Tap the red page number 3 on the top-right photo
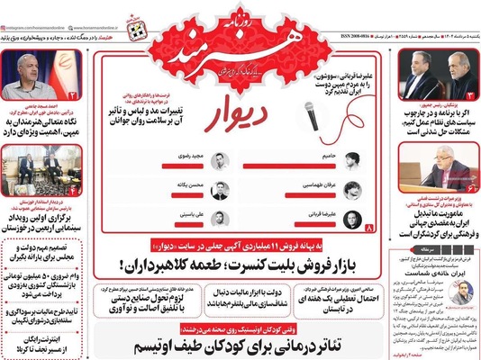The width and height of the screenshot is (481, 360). [x=473, y=93]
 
